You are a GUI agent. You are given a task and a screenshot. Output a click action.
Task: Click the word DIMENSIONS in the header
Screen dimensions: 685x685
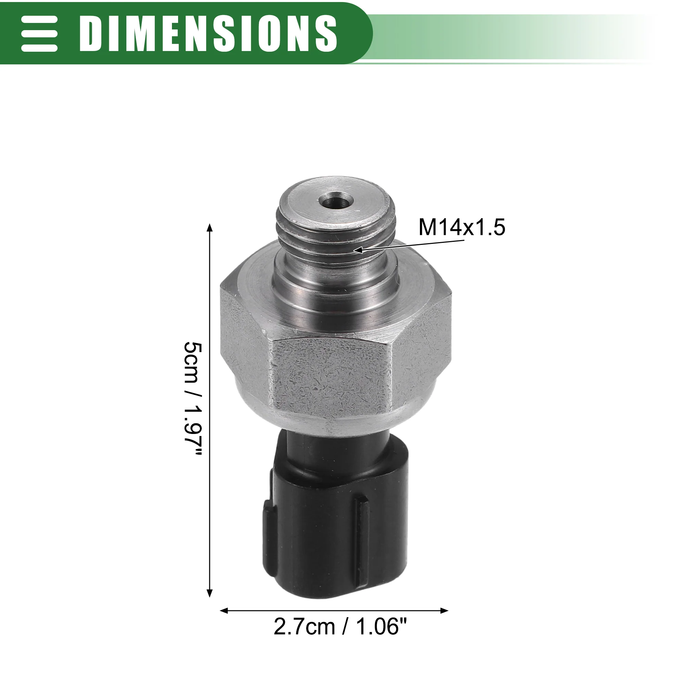click(x=208, y=34)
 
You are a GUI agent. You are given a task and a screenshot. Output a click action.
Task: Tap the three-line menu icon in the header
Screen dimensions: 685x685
click(x=39, y=34)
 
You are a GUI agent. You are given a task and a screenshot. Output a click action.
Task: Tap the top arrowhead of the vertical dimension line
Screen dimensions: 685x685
click(x=210, y=228)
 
